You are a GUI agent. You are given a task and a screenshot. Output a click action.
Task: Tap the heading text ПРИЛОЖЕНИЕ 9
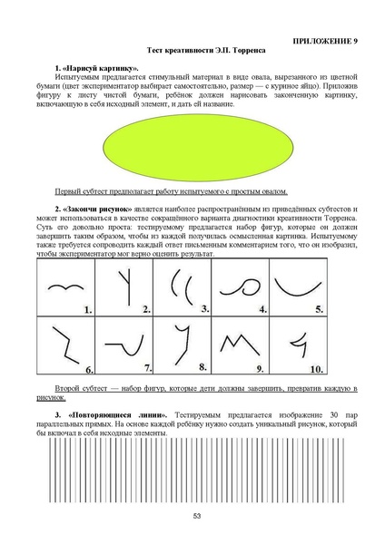point(330,43)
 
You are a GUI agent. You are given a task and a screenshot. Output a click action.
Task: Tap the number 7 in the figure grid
point(146,369)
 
